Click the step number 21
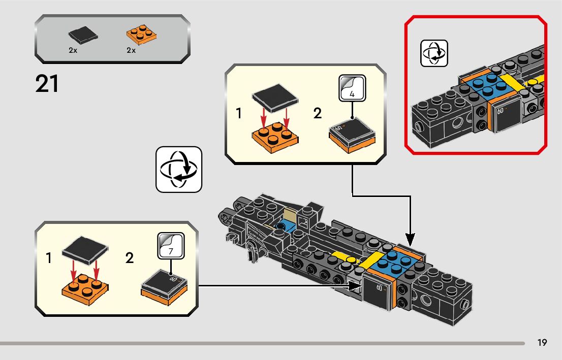pyautogui.click(x=47, y=84)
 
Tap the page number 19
pyautogui.click(x=542, y=343)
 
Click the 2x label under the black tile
pyautogui.click(x=73, y=51)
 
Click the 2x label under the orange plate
pyautogui.click(x=131, y=51)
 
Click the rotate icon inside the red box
pyautogui.click(x=434, y=53)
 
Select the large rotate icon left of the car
pyautogui.click(x=179, y=170)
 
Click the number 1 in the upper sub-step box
pyautogui.click(x=239, y=113)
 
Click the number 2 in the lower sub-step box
pyautogui.click(x=130, y=258)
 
